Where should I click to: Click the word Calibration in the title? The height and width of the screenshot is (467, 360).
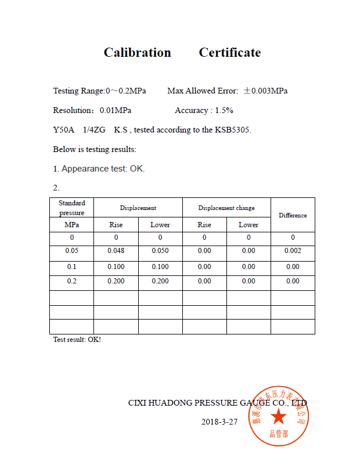click(x=137, y=53)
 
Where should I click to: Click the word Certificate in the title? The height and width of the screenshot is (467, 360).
click(x=229, y=53)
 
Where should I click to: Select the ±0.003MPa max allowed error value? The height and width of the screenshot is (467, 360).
click(x=265, y=91)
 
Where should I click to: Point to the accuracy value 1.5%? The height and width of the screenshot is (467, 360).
click(x=224, y=111)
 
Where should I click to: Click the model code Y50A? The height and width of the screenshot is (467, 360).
click(x=64, y=130)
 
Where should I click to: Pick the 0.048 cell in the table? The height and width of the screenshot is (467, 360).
click(x=116, y=251)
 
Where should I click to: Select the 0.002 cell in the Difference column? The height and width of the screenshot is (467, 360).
click(x=292, y=251)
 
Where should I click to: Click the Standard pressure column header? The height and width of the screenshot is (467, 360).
click(x=72, y=208)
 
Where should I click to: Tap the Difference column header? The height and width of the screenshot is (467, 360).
click(x=292, y=215)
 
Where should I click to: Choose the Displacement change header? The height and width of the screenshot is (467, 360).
click(x=226, y=208)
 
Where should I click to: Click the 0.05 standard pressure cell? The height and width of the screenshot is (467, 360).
click(x=72, y=251)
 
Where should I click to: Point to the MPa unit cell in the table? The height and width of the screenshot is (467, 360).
click(x=72, y=225)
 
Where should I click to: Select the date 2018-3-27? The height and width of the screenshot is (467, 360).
click(x=219, y=422)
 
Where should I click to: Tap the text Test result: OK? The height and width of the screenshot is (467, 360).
click(x=77, y=340)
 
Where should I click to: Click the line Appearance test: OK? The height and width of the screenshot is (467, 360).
click(x=99, y=169)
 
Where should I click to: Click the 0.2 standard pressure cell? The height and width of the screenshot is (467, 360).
click(x=72, y=281)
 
